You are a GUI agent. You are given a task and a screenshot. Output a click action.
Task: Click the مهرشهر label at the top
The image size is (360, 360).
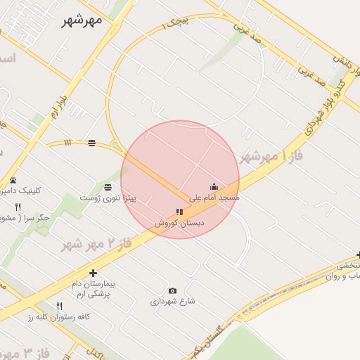pyautogui.click(x=77, y=19)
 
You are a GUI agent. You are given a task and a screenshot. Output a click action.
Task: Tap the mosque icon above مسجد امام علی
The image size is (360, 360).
pyautogui.click(x=214, y=187)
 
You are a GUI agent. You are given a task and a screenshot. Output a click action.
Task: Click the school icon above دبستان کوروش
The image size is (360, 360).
pyautogui.click(x=179, y=212)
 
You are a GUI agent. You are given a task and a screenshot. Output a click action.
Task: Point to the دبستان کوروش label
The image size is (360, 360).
pyautogui.click(x=180, y=223)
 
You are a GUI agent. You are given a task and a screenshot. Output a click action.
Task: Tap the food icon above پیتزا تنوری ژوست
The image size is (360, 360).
pyautogui.click(x=108, y=187)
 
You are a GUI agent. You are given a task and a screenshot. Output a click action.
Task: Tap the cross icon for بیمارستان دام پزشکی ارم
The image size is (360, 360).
pyautogui.click(x=93, y=273)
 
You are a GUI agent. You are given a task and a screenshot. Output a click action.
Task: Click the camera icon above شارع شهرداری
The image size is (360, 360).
pyautogui.click(x=172, y=290)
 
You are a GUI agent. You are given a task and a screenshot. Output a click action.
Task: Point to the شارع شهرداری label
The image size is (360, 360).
pyautogui.click(x=172, y=302)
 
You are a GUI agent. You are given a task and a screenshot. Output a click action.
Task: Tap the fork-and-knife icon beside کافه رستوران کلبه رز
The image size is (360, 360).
pyautogui.click(x=59, y=306)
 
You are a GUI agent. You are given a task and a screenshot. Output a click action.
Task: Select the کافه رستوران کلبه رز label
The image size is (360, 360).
pyautogui.click(x=59, y=317)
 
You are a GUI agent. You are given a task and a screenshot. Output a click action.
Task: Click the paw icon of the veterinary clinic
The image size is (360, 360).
pyautogui.click(x=13, y=181)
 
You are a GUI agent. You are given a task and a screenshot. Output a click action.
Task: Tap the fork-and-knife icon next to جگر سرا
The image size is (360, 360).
pyautogui.click(x=18, y=207)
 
